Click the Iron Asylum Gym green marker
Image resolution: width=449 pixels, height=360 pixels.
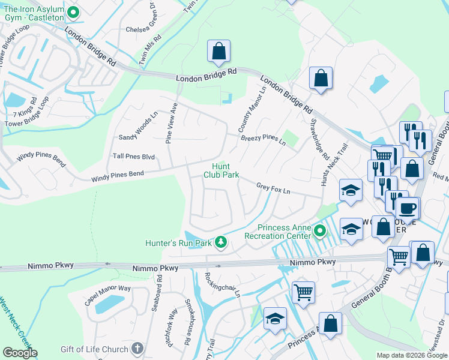point(73,12)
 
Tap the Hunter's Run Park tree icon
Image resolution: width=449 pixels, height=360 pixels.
point(221,242)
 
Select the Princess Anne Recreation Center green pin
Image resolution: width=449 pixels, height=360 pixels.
point(321,230)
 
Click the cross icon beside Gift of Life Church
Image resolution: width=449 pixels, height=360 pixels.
point(137,349)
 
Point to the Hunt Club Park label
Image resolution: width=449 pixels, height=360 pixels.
point(221,170)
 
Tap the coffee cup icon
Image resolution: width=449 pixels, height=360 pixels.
point(408,209)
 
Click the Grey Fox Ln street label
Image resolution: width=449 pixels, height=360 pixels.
point(273,189)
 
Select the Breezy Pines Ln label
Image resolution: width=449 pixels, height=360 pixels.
point(263,140)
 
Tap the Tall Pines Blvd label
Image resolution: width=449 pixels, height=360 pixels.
point(134,157)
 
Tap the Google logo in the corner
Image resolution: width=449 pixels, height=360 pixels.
point(20,353)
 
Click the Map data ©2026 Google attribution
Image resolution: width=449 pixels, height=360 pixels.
point(412,355)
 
